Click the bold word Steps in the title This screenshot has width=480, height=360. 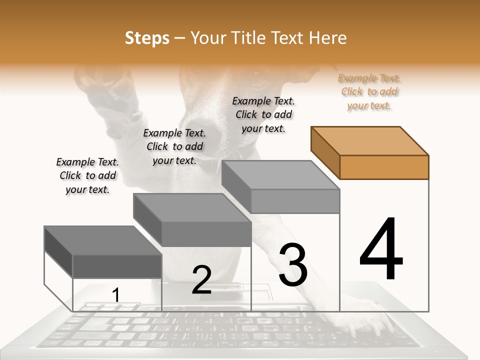147,38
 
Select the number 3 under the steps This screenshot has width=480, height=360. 292,265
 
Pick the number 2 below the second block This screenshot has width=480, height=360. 201,280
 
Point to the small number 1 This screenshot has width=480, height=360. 115,295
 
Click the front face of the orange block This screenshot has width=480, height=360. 384,167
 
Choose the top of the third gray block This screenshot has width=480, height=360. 280,175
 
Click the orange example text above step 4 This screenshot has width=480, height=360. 369,92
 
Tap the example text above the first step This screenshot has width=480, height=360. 87,175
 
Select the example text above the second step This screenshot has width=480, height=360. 174,146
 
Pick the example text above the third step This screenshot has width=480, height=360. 263,114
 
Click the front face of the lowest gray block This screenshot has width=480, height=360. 117,266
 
